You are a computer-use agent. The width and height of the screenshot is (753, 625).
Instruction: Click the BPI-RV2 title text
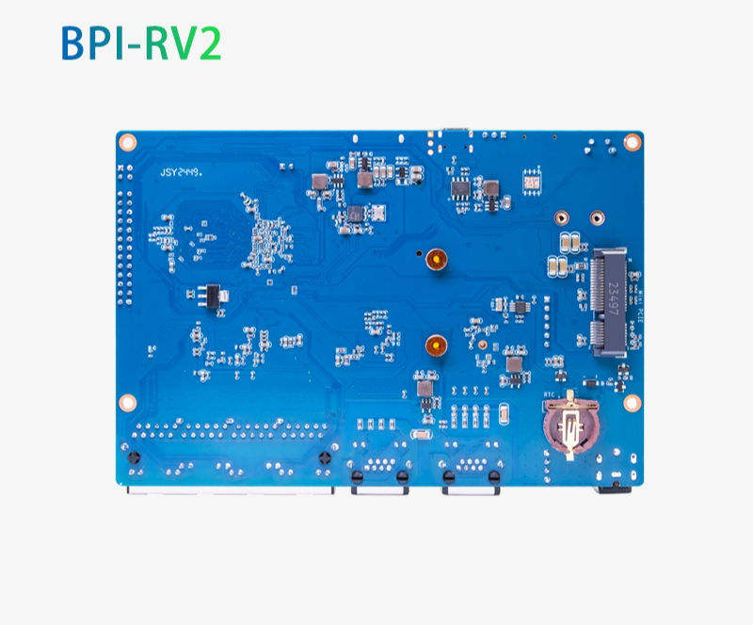pos(141,43)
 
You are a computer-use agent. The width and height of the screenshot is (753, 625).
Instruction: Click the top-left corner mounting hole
pos(129,142)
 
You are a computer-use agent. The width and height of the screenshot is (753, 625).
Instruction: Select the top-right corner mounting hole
pos(633,142)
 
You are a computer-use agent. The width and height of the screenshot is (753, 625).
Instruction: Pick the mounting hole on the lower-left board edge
pos(129,402)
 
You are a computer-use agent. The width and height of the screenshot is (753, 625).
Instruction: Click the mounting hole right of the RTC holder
pos(632,403)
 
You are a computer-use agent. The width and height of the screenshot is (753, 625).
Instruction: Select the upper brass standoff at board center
pos(435,260)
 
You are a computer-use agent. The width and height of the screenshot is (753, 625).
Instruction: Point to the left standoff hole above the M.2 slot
pos(561,216)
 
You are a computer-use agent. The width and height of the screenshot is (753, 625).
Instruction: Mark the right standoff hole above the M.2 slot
pos(595,216)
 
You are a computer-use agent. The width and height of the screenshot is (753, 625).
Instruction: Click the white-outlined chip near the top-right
pos(532,178)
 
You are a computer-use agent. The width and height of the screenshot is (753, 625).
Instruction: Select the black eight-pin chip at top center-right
pos(460,187)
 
